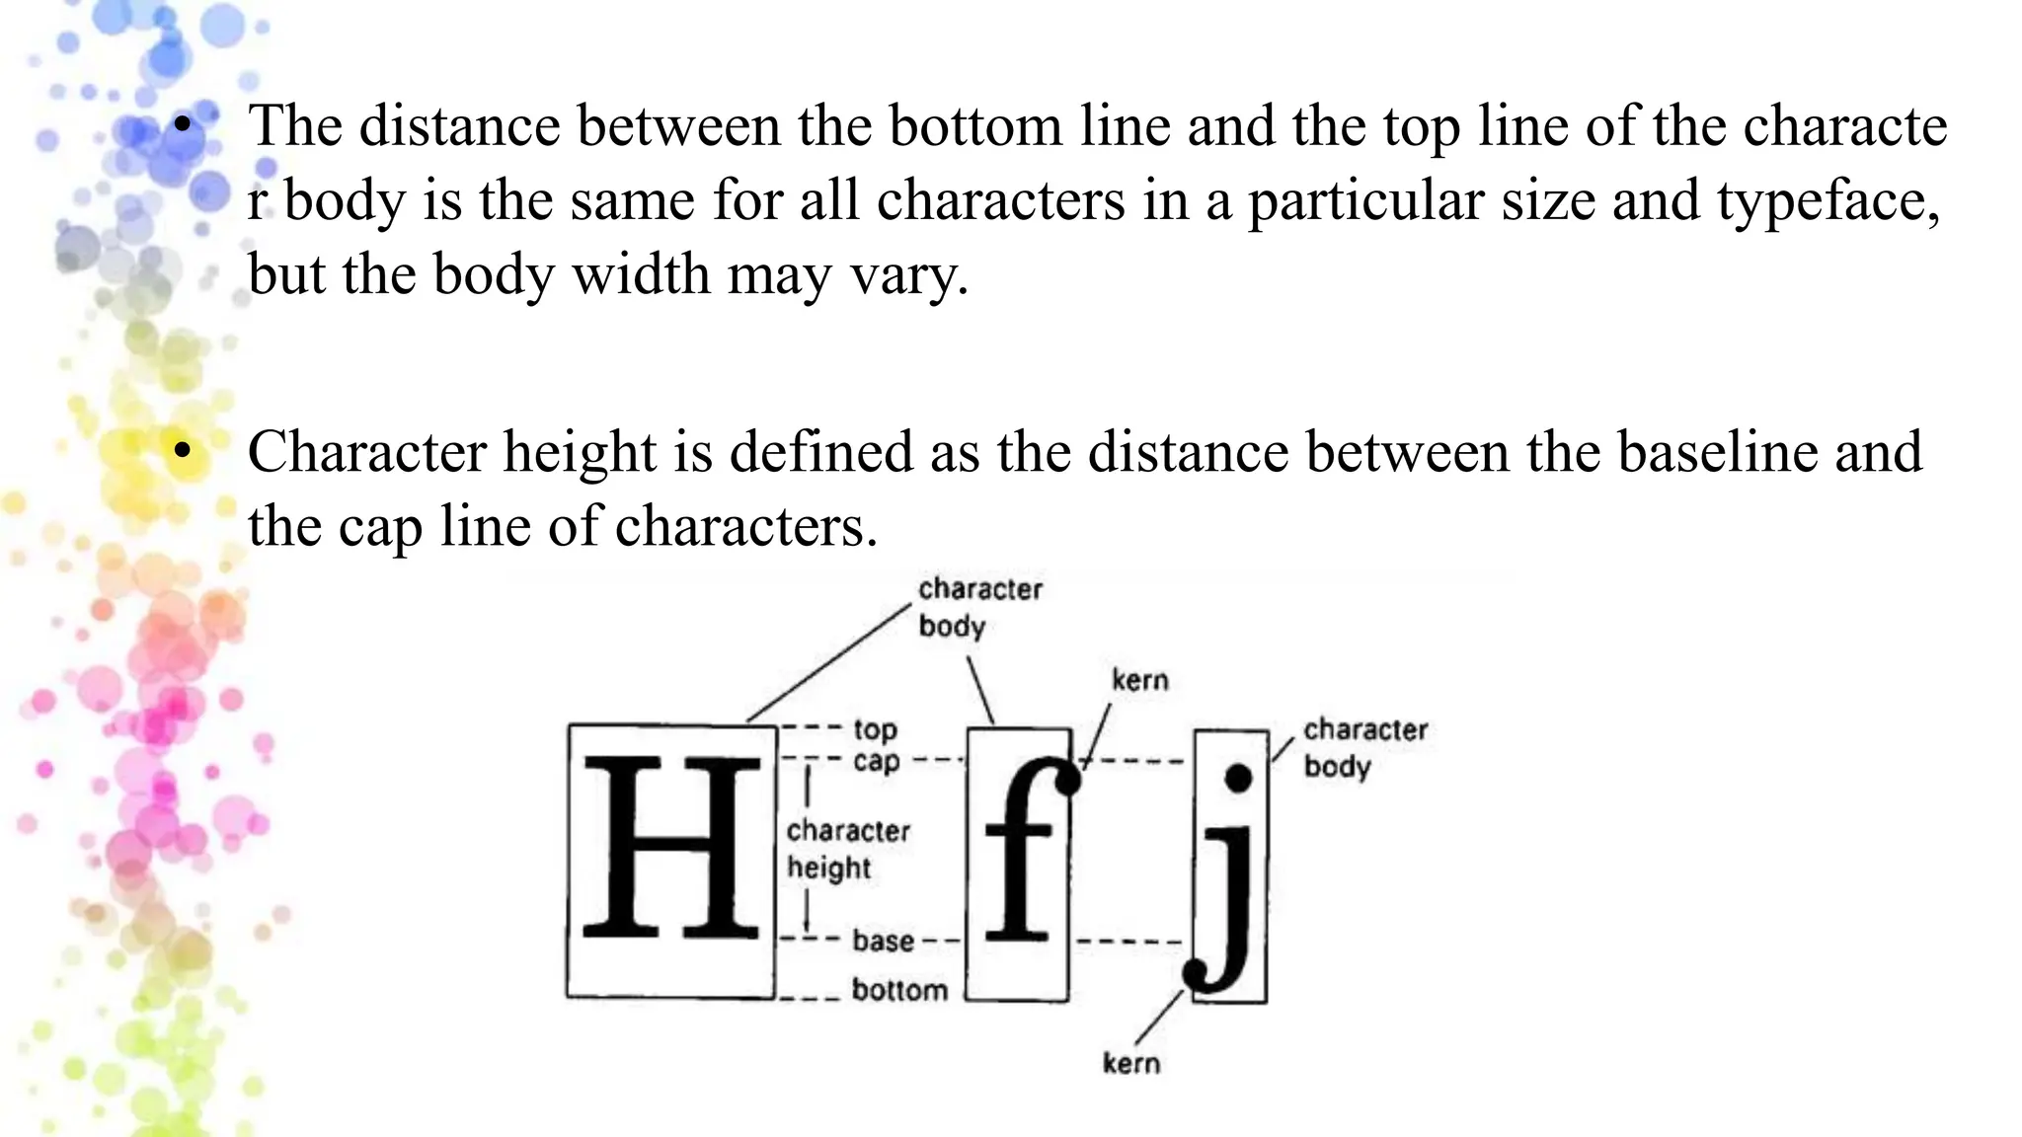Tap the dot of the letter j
pos(1238,778)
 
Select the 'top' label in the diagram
pos(875,729)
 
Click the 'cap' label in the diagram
pos(877,761)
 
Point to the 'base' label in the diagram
pos(883,941)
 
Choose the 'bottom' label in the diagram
pos(898,989)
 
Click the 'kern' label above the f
pos(1139,680)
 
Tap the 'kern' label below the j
pos(1131,1063)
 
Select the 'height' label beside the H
pos(828,868)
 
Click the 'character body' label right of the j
pos(1364,747)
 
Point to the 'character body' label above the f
pos(979,607)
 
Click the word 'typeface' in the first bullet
pos(1828,200)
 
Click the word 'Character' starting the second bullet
pos(366,452)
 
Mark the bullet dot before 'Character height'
pos(180,451)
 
